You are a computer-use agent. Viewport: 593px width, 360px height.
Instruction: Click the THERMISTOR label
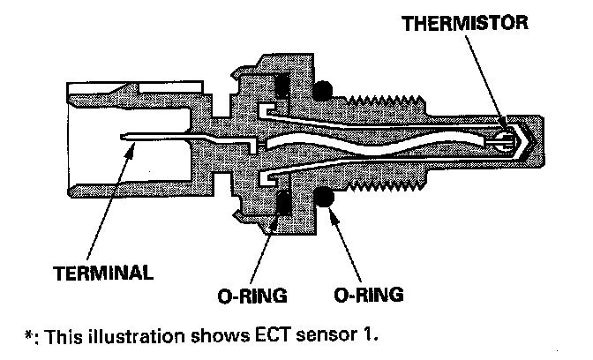pyautogui.click(x=466, y=24)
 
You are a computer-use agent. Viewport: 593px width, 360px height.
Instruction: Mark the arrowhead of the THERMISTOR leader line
pyautogui.click(x=502, y=123)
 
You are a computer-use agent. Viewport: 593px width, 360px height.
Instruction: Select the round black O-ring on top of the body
pyautogui.click(x=324, y=89)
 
